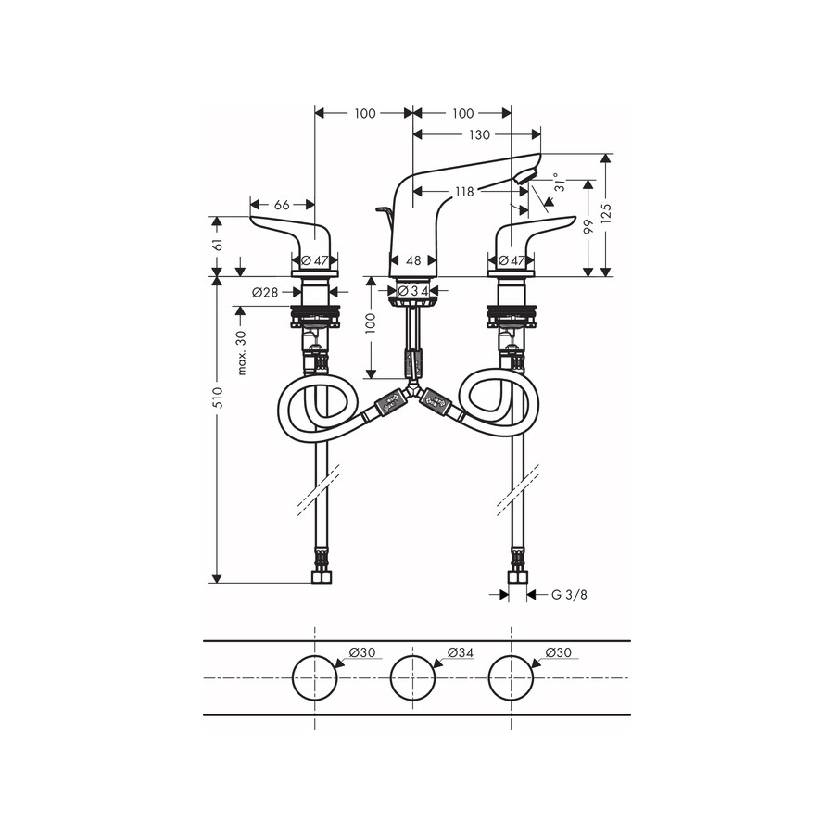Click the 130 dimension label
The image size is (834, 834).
tap(479, 135)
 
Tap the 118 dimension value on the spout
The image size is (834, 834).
tap(464, 192)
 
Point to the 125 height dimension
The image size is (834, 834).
tap(607, 212)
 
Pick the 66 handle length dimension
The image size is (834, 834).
tap(282, 205)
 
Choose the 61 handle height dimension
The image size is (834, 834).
tap(217, 244)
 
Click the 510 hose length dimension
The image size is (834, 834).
tap(217, 398)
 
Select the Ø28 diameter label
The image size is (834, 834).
tap(265, 292)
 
